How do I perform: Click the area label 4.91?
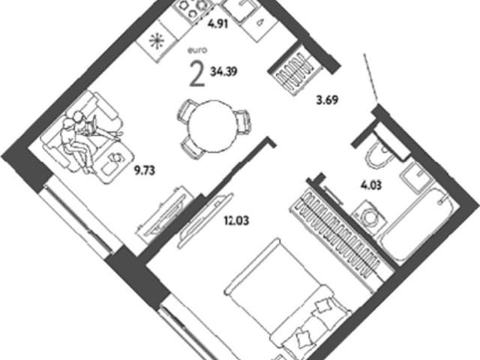tap(218, 23)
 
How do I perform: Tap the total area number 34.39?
tap(223, 72)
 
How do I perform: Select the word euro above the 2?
tap(197, 51)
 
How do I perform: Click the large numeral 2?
tap(196, 73)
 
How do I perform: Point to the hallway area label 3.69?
tap(327, 100)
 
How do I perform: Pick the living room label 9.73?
tap(145, 171)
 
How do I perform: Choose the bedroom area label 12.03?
tap(236, 220)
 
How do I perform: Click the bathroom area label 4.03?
tap(370, 185)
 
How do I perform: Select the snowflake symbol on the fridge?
tap(157, 41)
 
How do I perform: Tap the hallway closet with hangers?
tap(295, 72)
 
